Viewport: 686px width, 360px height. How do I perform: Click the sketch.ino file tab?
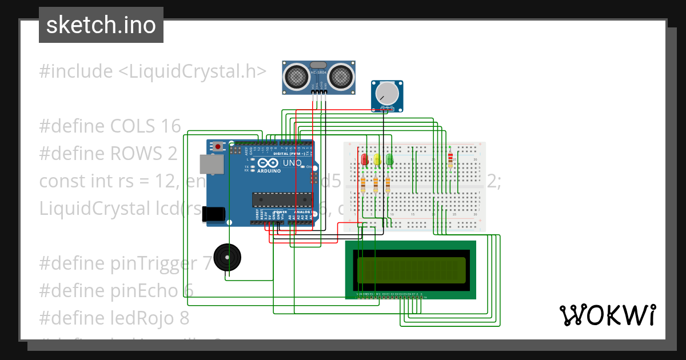click(101, 25)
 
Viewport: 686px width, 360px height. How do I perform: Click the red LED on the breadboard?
click(364, 160)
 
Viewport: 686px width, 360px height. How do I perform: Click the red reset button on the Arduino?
click(218, 146)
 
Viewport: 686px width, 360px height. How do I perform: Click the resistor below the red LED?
click(364, 184)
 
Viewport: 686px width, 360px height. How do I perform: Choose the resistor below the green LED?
click(388, 184)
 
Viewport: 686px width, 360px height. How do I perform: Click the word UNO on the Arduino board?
click(292, 163)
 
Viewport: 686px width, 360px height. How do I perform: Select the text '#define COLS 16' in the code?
click(110, 126)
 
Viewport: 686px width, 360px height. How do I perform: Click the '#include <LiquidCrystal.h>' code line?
click(152, 71)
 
